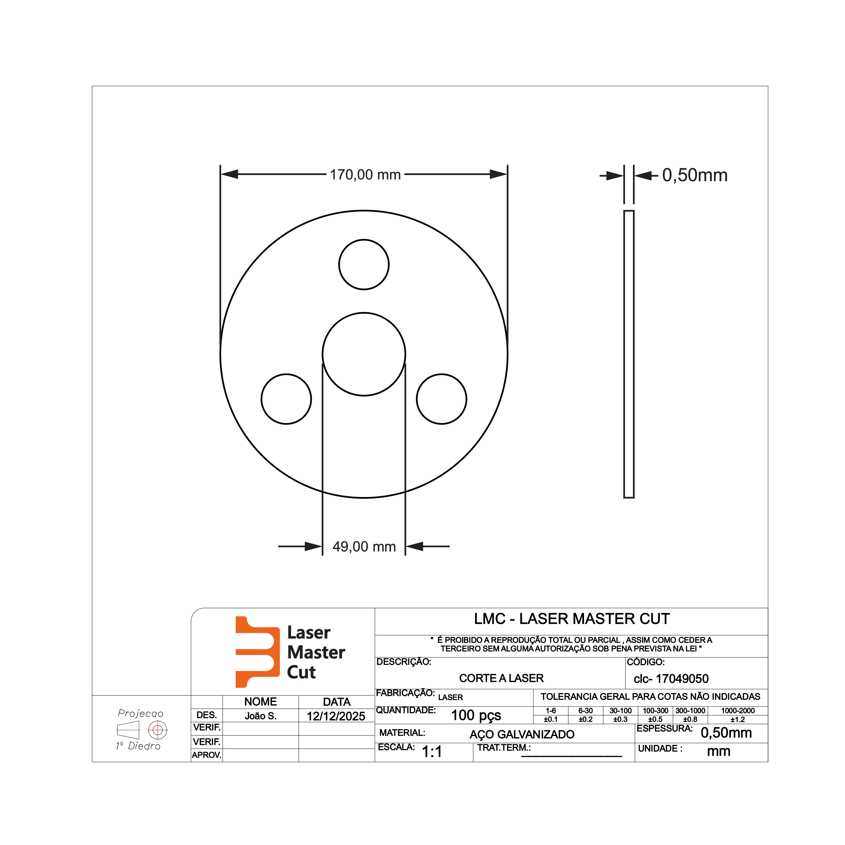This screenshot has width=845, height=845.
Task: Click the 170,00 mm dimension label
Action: [365, 175]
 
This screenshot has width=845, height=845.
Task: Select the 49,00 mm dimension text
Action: [364, 547]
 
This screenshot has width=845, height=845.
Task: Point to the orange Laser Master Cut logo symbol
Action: [257, 652]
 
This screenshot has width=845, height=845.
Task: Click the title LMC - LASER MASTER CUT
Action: [572, 619]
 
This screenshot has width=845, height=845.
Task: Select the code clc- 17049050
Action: [671, 679]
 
